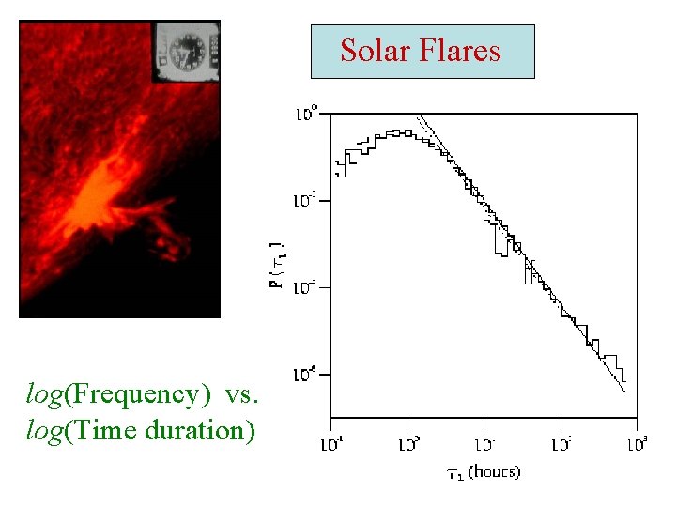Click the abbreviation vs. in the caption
click(x=241, y=394)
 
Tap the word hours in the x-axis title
click(x=497, y=471)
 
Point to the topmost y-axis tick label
click(x=307, y=114)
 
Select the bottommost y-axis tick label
click(x=307, y=376)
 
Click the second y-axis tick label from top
click(x=307, y=200)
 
